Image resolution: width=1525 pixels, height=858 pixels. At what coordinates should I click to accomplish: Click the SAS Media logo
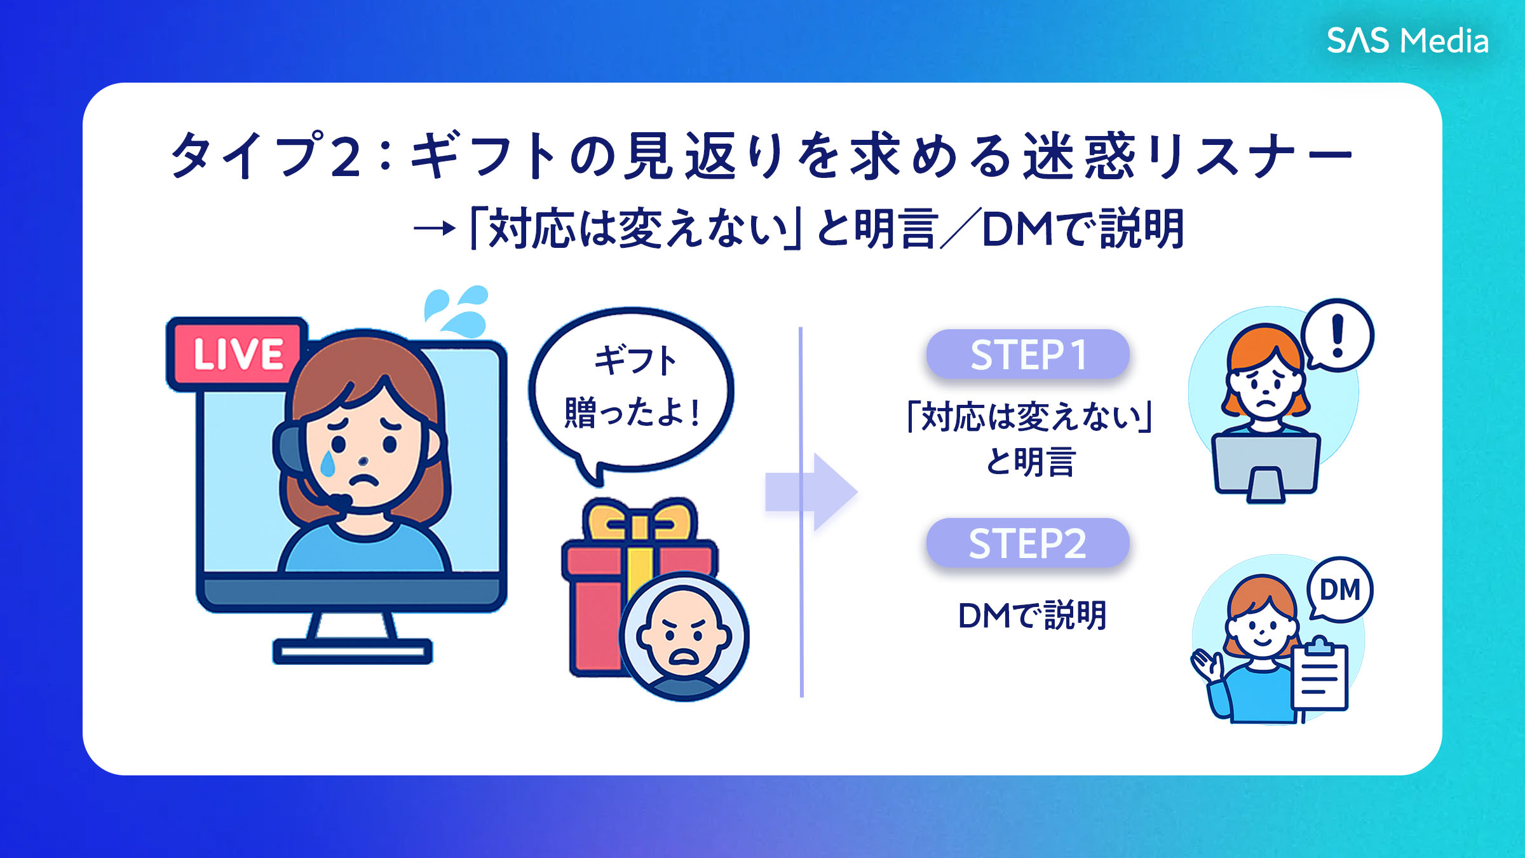[x=1407, y=41]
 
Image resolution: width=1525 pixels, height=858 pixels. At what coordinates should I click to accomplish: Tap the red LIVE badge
[x=236, y=353]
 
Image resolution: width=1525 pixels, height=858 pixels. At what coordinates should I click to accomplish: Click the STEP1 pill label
[x=1027, y=354]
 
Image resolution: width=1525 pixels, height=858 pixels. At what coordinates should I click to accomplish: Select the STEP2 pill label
[x=1027, y=543]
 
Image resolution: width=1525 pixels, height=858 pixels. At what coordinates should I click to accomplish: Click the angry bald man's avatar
[x=684, y=636]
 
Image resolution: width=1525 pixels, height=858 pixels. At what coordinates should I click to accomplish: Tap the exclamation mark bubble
[x=1338, y=336]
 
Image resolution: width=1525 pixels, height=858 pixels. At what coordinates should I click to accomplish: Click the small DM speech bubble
[x=1340, y=590]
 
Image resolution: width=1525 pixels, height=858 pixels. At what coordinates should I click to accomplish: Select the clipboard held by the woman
[x=1319, y=677]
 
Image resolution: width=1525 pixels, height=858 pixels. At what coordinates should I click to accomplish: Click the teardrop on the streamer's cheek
[x=328, y=464]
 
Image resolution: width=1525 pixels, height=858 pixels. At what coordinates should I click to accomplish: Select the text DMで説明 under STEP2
[x=1032, y=615]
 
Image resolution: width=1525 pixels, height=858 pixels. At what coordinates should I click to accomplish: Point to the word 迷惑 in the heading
[x=1078, y=156]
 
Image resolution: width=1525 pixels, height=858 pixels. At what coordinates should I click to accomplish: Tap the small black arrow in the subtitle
[x=435, y=228]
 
